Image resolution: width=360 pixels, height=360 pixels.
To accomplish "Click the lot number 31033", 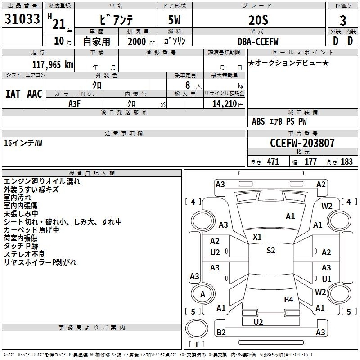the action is pyautogui.click(x=22, y=19).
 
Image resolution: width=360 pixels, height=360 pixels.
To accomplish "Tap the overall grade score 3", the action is pyautogui.click(x=343, y=21).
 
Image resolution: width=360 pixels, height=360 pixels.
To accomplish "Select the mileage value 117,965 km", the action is pyautogui.click(x=53, y=65).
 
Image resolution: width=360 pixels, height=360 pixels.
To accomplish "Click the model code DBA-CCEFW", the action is pyautogui.click(x=258, y=41).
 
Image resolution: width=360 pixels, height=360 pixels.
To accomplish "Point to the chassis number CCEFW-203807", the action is pyautogui.click(x=302, y=143).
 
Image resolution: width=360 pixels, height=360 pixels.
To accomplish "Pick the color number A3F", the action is pyautogui.click(x=74, y=104).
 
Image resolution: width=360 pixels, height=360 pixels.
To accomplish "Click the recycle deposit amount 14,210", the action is pyautogui.click(x=224, y=104).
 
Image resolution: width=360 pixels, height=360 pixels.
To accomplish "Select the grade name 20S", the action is pyautogui.click(x=258, y=20).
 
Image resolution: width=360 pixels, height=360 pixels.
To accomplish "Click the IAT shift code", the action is pyautogui.click(x=13, y=94).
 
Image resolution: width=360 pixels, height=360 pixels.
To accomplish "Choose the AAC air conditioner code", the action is pyautogui.click(x=35, y=94).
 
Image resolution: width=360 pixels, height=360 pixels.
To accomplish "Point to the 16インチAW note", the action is pyautogui.click(x=23, y=143).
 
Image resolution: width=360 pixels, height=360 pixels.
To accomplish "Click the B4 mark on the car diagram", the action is pyautogui.click(x=288, y=299).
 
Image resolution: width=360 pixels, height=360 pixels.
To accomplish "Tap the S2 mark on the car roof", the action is pyautogui.click(x=271, y=250).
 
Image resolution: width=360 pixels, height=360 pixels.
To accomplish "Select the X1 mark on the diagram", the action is pyautogui.click(x=257, y=237).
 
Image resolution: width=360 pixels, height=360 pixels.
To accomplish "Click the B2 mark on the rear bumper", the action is pyautogui.click(x=221, y=332).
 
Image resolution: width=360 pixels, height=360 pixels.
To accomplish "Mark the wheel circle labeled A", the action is pyautogui.click(x=203, y=294).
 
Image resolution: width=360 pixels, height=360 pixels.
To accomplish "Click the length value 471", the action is pyautogui.click(x=273, y=162).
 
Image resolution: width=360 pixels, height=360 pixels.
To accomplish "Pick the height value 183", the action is pyautogui.click(x=346, y=162).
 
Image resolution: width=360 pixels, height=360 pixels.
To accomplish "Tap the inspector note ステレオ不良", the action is pyautogui.click(x=24, y=254).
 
